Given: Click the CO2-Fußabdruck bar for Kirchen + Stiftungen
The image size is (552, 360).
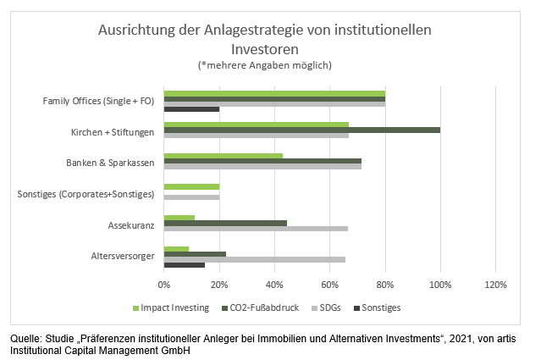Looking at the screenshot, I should coord(301,130).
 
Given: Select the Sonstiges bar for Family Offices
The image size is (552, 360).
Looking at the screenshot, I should coord(191,109).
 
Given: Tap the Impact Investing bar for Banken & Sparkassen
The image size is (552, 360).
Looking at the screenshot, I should coord(223,155).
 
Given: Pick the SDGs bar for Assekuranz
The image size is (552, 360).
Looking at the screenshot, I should coord(256,228).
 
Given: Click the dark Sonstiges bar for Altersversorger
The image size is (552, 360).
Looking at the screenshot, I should coord(184,265).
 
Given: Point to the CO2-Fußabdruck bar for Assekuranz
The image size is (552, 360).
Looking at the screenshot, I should coord(225,223).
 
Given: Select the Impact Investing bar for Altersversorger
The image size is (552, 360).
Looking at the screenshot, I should coord(176,249).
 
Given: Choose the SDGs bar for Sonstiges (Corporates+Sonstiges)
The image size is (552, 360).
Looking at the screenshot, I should coord(191,197).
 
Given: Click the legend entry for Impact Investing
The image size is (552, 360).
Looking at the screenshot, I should coord(172,307).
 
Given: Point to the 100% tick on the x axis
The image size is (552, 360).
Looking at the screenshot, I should coord(440,285).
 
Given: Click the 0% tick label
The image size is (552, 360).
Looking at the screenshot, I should coord(164,285).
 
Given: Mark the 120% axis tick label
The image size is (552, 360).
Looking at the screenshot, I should coord(495,285).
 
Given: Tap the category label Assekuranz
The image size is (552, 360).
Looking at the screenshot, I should coord(132,227).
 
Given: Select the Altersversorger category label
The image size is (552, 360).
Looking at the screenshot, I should coord(123,256).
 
